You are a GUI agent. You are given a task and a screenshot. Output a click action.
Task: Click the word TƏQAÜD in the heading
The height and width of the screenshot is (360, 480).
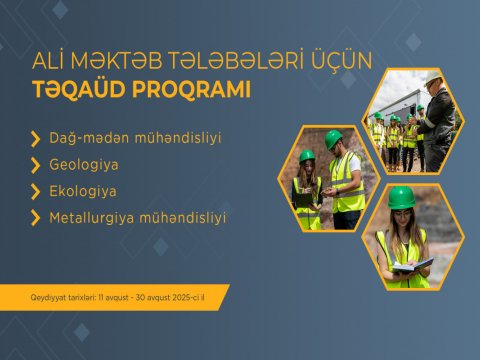click(74, 90)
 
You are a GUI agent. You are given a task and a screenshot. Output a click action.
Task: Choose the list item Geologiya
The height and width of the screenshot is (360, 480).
click(84, 162)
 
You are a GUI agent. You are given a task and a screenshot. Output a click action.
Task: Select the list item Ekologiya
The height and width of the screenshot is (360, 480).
click(83, 189)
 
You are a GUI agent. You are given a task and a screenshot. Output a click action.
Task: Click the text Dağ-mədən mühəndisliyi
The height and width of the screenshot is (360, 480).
click(134, 135)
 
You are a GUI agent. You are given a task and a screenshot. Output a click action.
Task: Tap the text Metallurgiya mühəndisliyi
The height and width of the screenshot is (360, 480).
click(138, 216)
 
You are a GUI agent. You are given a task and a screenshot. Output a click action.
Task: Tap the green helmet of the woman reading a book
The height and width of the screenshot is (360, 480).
click(401, 198)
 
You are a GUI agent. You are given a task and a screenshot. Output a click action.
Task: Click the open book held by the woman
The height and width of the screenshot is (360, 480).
click(411, 265)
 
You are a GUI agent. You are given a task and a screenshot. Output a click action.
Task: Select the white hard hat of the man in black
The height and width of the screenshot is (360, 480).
click(432, 79)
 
